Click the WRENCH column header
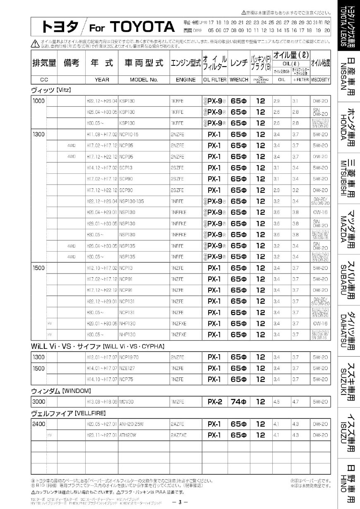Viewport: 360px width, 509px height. point(239,79)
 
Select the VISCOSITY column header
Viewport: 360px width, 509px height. point(320,79)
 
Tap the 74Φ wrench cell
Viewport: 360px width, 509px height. point(239,401)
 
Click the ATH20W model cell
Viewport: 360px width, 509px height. point(128,435)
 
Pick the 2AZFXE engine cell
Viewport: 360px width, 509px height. point(178,435)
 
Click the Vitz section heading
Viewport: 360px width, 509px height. point(46,90)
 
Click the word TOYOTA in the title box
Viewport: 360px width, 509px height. point(143,27)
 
